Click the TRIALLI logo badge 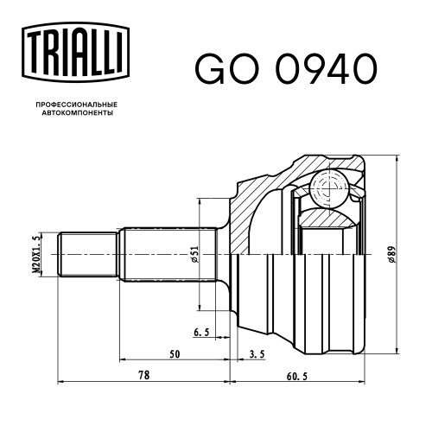pyautogui.click(x=76, y=52)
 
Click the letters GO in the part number pyautogui.click(x=226, y=68)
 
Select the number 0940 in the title pyautogui.click(x=327, y=68)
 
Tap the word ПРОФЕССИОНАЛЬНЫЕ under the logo pyautogui.click(x=77, y=105)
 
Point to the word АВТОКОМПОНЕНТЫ pyautogui.click(x=78, y=113)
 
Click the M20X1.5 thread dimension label pyautogui.click(x=35, y=254)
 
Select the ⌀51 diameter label pyautogui.click(x=195, y=254)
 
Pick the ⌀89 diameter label pyautogui.click(x=391, y=254)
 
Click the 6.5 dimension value pyautogui.click(x=201, y=333)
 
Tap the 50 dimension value pyautogui.click(x=175, y=354)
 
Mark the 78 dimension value pyautogui.click(x=144, y=375)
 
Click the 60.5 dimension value pyautogui.click(x=297, y=376)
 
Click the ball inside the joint pyautogui.click(x=329, y=188)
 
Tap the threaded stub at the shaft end pyautogui.click(x=88, y=254)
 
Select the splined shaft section pyautogui.click(x=168, y=254)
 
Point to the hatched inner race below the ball pyautogui.click(x=328, y=217)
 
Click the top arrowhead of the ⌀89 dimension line pyautogui.click(x=397, y=158)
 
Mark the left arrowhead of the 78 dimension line pyautogui.click(x=61, y=382)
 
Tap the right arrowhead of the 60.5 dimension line pyautogui.click(x=361, y=382)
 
